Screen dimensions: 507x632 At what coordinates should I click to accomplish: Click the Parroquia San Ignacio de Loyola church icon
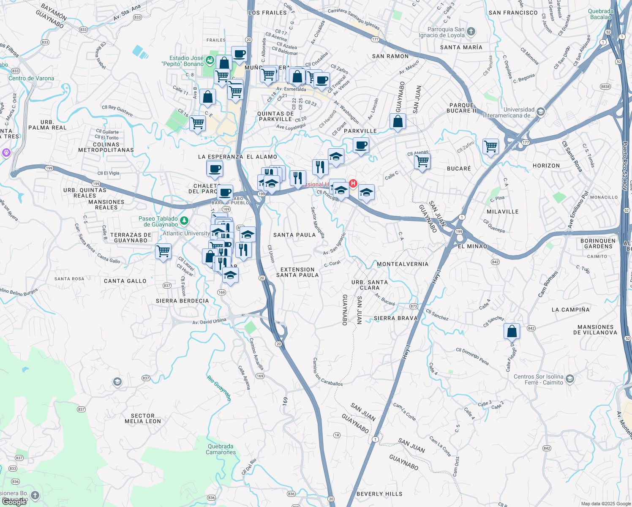(x=471, y=32)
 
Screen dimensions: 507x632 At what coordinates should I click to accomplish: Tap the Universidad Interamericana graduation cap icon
(x=541, y=112)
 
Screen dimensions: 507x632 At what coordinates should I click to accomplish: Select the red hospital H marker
(x=353, y=184)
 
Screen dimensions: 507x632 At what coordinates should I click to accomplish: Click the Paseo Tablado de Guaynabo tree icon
(x=184, y=221)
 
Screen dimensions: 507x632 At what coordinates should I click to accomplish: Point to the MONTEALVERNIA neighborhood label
(x=402, y=264)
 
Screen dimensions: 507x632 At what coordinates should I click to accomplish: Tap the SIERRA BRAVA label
(x=395, y=318)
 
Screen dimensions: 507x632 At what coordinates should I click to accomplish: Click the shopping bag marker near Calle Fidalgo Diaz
(x=512, y=331)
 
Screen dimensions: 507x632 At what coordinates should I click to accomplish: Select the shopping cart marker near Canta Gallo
(x=163, y=251)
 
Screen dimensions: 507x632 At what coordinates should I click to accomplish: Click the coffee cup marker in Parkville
(x=361, y=145)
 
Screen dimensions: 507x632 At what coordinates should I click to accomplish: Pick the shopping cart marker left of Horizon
(x=490, y=147)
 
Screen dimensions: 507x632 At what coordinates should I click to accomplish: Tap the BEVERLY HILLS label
(x=379, y=494)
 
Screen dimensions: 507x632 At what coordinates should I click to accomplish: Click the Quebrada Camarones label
(x=221, y=449)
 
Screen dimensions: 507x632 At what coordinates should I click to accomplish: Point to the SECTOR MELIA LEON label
(x=143, y=418)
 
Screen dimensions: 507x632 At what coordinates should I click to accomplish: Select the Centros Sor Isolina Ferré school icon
(x=570, y=379)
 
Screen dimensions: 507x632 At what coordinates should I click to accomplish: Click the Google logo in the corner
(x=14, y=502)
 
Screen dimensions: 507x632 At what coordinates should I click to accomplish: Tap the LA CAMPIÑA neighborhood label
(x=570, y=310)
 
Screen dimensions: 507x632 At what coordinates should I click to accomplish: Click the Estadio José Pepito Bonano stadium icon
(x=210, y=60)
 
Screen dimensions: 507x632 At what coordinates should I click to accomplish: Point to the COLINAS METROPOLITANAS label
(x=106, y=147)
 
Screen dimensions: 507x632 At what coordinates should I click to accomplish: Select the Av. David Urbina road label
(x=209, y=321)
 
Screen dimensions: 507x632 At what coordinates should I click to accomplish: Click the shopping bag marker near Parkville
(x=398, y=122)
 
